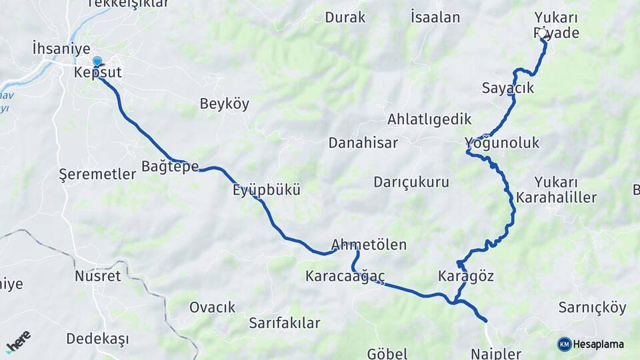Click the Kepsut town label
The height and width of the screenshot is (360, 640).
[99, 72]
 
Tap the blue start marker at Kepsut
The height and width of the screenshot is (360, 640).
[97, 63]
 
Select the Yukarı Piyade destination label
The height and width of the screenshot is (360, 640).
[557, 25]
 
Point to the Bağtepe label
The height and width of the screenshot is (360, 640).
[170, 166]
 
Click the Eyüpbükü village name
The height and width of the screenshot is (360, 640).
[266, 190]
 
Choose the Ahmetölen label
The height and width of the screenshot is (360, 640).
[369, 245]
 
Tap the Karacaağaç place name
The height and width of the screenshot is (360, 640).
[345, 275]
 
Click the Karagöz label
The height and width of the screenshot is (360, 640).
[466, 275]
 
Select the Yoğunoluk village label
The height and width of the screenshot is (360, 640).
[502, 143]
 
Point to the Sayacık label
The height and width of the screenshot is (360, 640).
[507, 87]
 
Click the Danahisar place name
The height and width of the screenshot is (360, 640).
[363, 143]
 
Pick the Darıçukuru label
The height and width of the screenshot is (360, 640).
[411, 182]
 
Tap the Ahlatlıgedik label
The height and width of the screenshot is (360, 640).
[429, 119]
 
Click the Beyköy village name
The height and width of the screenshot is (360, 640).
[225, 103]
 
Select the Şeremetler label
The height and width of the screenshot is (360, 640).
[97, 174]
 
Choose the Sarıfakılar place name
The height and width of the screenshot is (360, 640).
[285, 323]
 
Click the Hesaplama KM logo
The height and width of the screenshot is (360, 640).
[590, 344]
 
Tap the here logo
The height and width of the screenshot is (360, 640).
[19, 342]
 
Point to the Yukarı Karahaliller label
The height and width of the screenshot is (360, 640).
[556, 190]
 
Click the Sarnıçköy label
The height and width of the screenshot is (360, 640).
[592, 308]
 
